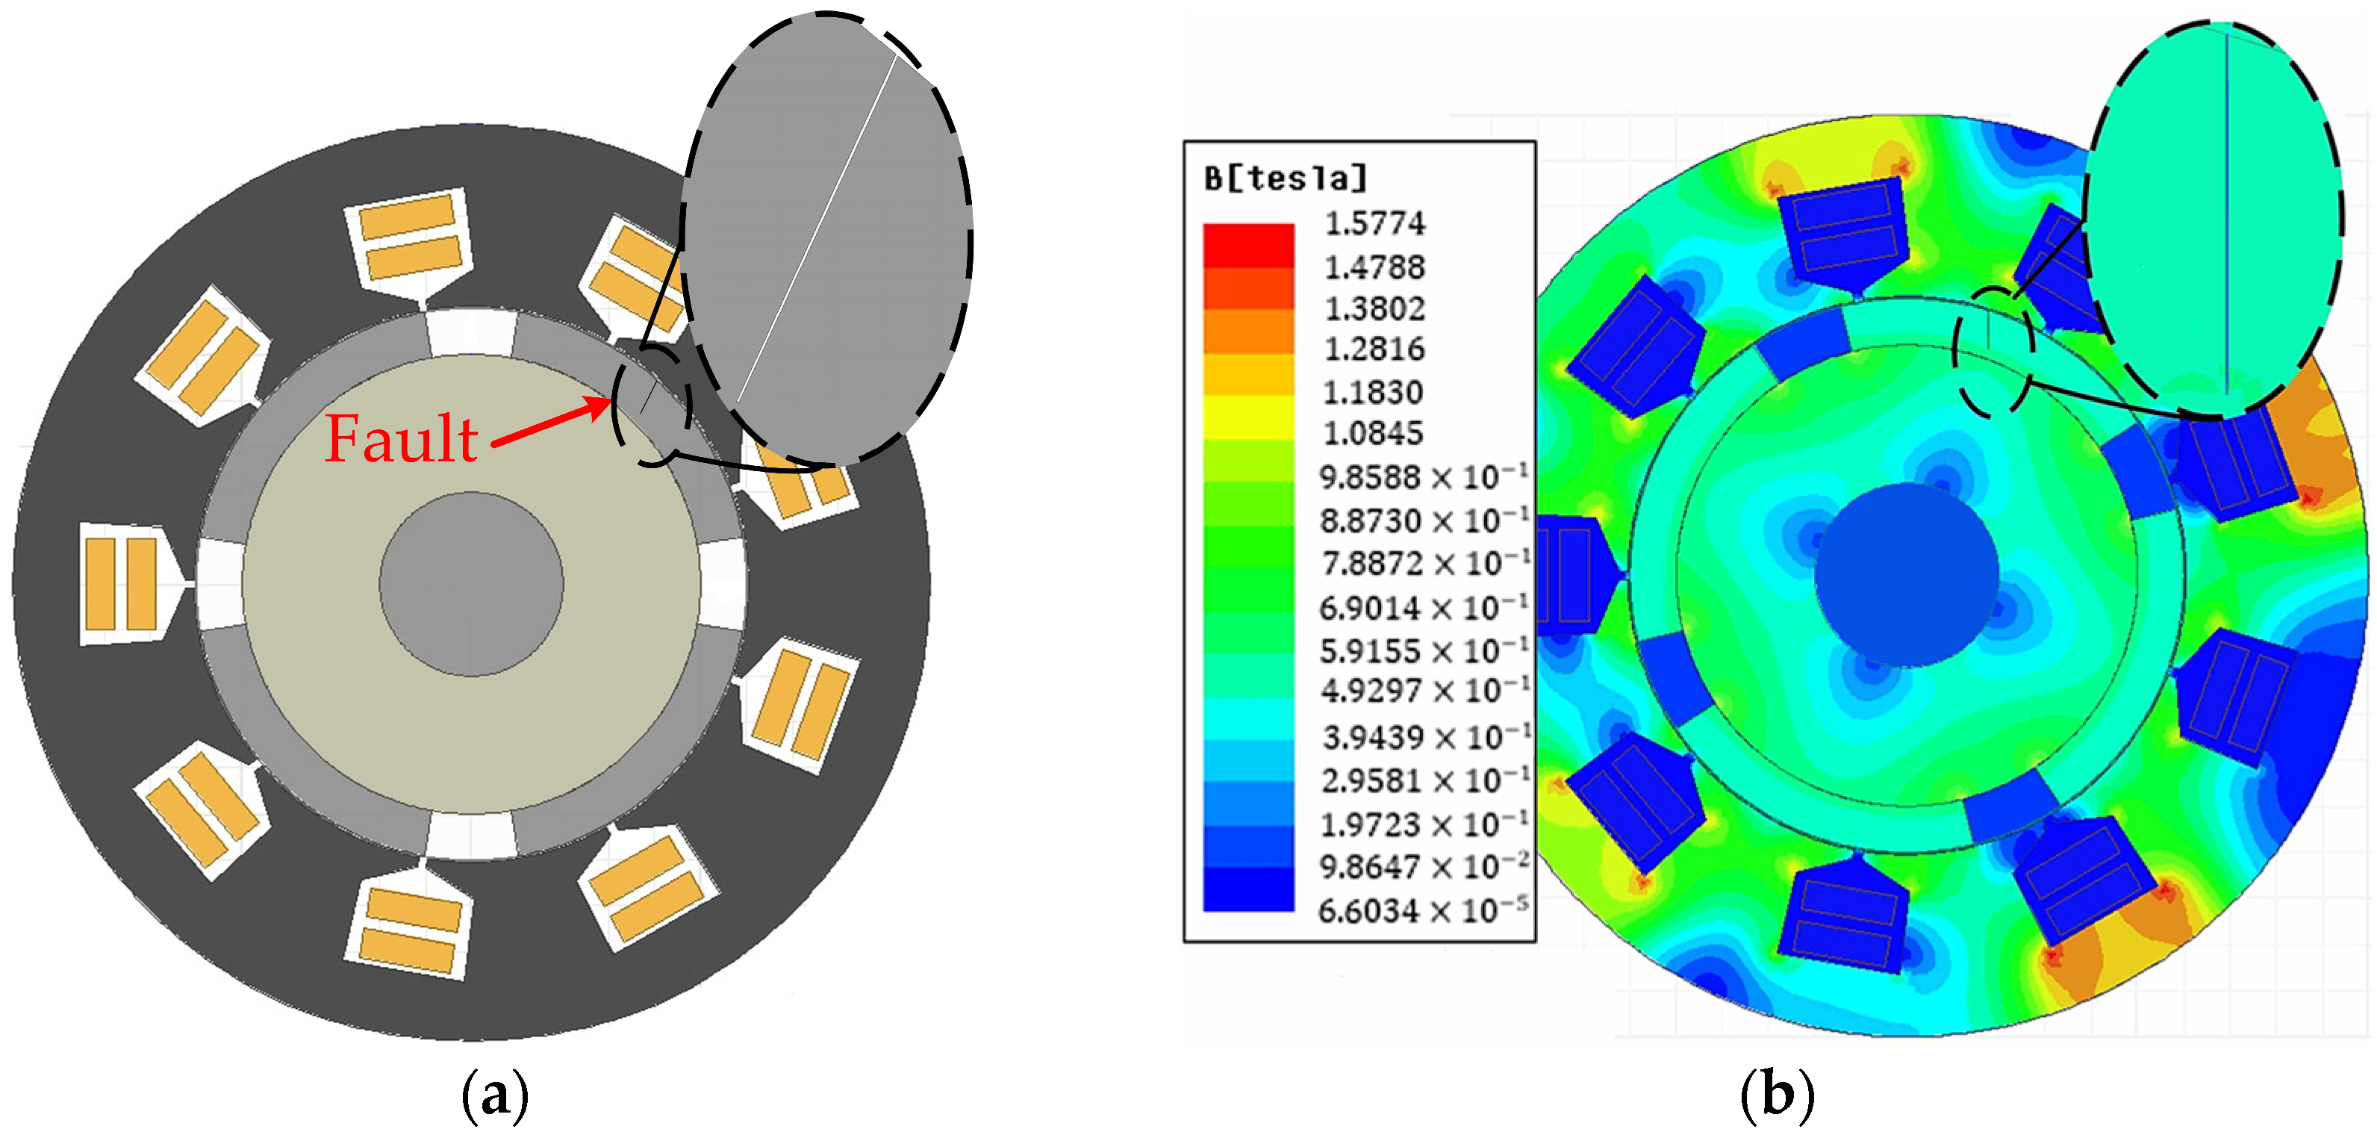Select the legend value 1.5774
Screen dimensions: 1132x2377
click(x=1374, y=223)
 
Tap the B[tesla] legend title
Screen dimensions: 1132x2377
click(x=1286, y=178)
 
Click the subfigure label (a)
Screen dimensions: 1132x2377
click(x=495, y=1096)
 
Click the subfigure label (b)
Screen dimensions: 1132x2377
click(x=1776, y=1096)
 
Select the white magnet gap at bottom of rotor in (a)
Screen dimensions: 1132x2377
click(x=470, y=835)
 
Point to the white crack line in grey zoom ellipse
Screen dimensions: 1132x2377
click(x=817, y=231)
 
